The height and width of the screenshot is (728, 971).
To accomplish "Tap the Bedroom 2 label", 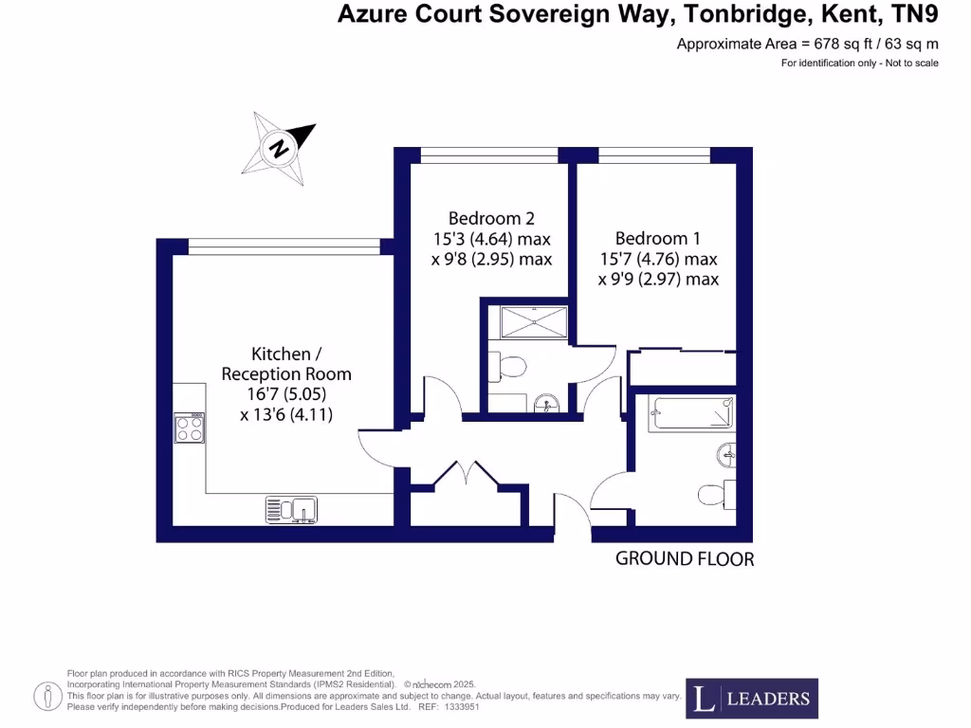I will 485,218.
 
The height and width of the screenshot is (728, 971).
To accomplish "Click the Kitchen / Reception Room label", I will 286,363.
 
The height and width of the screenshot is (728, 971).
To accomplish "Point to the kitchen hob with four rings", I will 190,429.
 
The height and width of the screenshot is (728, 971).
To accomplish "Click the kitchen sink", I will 292,511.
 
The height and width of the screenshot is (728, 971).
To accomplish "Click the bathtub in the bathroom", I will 692,414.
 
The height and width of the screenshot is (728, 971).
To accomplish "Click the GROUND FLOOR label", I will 685,559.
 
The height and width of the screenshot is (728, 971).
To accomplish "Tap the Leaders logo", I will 752,700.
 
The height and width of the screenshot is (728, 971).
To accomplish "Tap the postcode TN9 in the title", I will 912,13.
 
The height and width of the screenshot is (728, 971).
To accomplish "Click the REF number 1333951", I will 462,707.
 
